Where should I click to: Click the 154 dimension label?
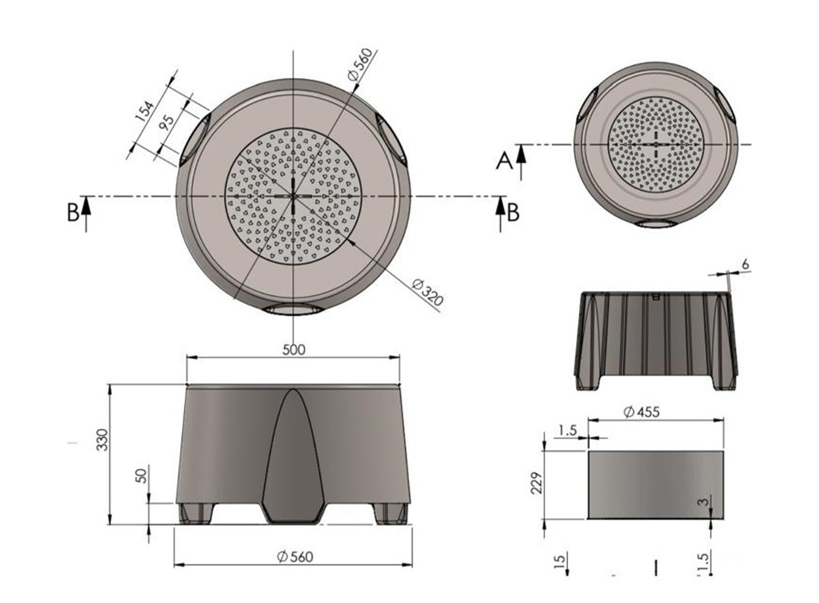pyautogui.click(x=145, y=111)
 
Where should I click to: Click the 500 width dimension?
pyautogui.click(x=294, y=350)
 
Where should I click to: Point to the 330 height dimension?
pyautogui.click(x=104, y=440)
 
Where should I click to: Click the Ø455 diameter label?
pyautogui.click(x=642, y=412)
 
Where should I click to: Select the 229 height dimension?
pyautogui.click(x=536, y=483)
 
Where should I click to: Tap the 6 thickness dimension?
pyautogui.click(x=746, y=265)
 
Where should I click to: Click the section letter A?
pyautogui.click(x=504, y=162)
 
